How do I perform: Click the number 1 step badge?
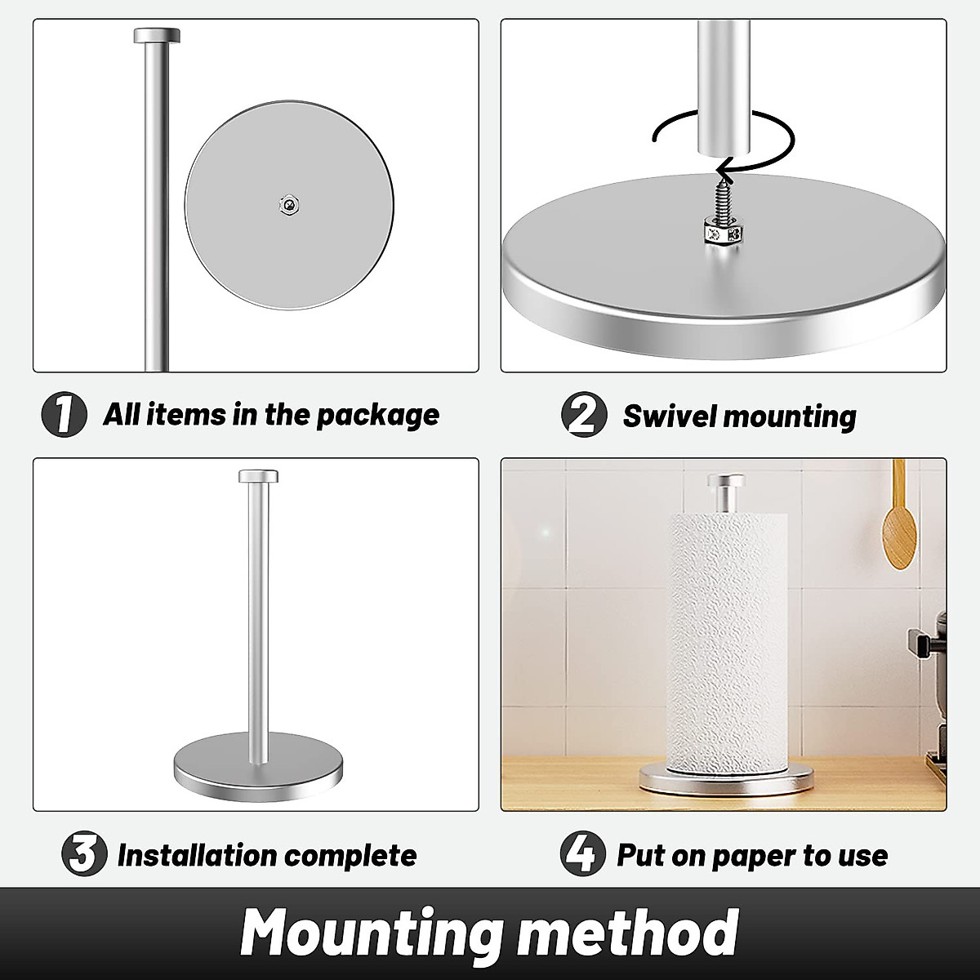(x=64, y=416)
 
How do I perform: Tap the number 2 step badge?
(x=584, y=416)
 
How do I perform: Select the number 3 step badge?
(x=84, y=855)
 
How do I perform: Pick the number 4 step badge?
(x=581, y=855)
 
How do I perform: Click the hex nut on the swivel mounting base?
(x=720, y=237)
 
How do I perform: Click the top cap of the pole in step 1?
(x=157, y=36)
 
